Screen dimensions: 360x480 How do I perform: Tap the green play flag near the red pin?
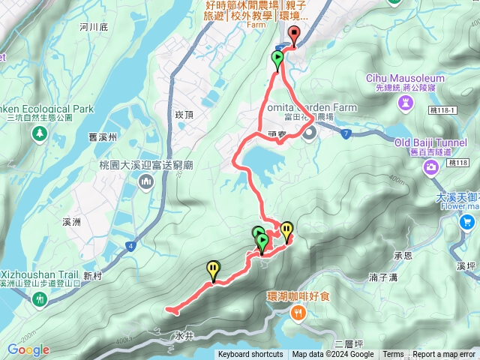tap(277, 58)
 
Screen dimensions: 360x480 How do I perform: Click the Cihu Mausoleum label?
tap(405, 78)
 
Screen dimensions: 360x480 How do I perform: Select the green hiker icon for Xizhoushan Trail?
tap(39, 299)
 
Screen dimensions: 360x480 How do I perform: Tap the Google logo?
tap(28, 349)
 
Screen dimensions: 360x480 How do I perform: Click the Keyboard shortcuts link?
tap(250, 355)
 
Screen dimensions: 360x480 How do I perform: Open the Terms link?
tap(393, 355)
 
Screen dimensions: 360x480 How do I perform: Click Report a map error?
tap(444, 355)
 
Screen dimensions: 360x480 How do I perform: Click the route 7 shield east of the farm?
tap(345, 133)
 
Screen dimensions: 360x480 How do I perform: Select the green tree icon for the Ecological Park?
tap(39, 133)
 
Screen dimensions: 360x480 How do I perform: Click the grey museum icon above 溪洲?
tap(145, 181)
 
